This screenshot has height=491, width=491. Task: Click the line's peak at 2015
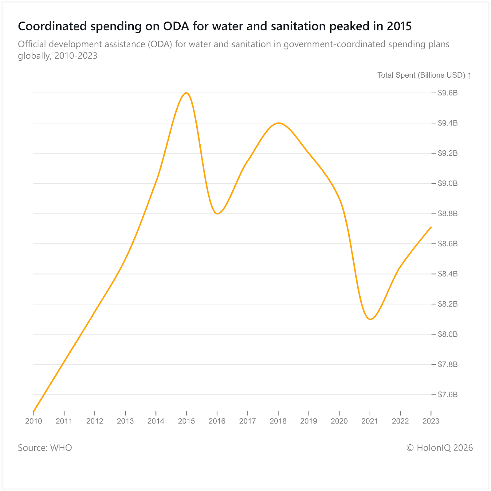click(187, 93)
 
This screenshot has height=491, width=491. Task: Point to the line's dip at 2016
click(217, 213)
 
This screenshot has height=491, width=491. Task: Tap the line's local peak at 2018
click(278, 123)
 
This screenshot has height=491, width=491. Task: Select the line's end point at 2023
click(431, 227)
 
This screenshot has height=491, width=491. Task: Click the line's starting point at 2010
click(33, 411)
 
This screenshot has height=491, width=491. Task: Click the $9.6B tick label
click(448, 93)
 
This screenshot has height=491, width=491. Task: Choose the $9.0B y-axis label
click(448, 184)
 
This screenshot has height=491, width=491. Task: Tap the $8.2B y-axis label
click(448, 304)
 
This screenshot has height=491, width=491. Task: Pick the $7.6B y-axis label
click(448, 395)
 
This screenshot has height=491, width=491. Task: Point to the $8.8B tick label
click(448, 214)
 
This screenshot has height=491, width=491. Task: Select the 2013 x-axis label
click(125, 421)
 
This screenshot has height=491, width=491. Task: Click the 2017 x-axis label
click(248, 421)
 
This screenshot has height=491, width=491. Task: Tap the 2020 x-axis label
click(339, 421)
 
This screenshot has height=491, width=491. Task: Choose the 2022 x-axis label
click(400, 421)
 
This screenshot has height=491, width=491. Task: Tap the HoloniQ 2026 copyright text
click(440, 448)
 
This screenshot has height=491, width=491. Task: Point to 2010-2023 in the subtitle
click(76, 56)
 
